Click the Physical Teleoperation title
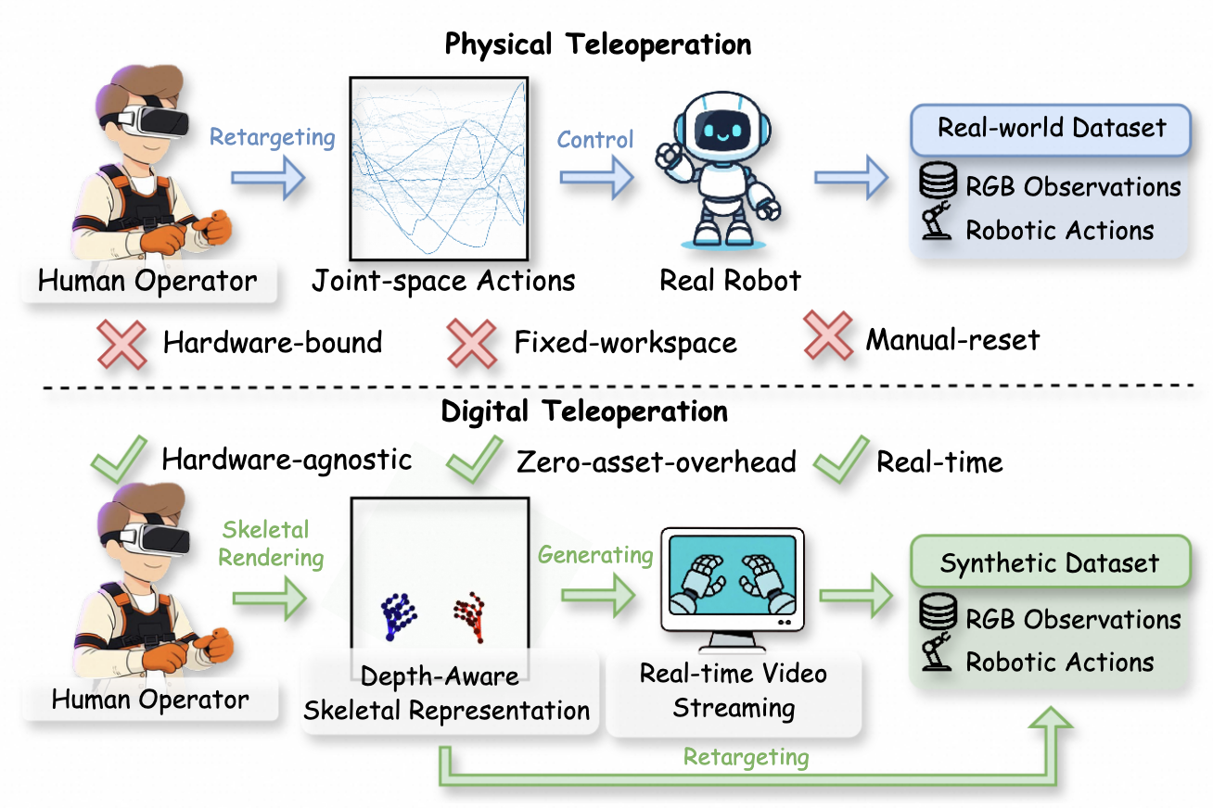pyautogui.click(x=598, y=44)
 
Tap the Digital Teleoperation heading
pyautogui.click(x=584, y=411)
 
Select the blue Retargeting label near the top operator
pyautogui.click(x=273, y=137)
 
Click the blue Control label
pyautogui.click(x=595, y=140)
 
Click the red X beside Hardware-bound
pyautogui.click(x=121, y=344)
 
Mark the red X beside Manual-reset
pyautogui.click(x=828, y=335)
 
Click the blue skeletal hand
pyautogui.click(x=398, y=616)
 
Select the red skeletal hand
pyautogui.click(x=470, y=616)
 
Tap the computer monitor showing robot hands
pyautogui.click(x=733, y=588)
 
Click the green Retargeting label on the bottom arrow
pyautogui.click(x=746, y=757)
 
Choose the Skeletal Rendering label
pyautogui.click(x=271, y=543)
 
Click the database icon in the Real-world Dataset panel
pyautogui.click(x=938, y=180)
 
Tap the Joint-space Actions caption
pyautogui.click(x=443, y=282)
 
